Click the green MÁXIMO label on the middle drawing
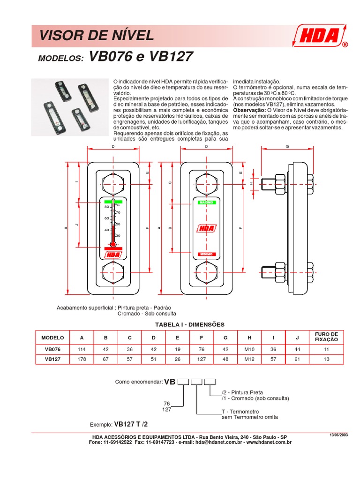[206, 202]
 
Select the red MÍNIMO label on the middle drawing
[206, 254]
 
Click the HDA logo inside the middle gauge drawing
[206, 228]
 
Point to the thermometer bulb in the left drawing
[112, 244]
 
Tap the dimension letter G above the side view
[287, 147]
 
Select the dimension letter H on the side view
[251, 184]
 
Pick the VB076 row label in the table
[52, 349]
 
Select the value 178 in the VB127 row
[82, 360]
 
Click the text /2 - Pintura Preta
[242, 392]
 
